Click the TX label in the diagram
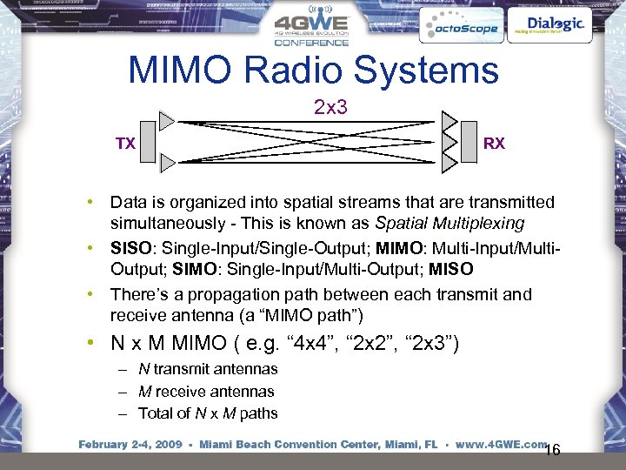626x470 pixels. [127, 144]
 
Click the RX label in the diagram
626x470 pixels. [493, 144]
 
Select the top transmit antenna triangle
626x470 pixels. [167, 119]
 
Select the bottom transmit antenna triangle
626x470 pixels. [167, 159]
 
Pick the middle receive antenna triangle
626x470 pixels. [450, 141]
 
